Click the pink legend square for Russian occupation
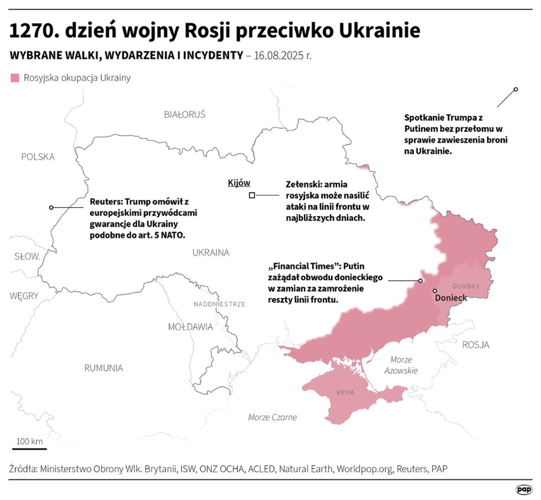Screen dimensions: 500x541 [x=15, y=78]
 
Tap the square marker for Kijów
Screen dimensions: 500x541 [x=252, y=195]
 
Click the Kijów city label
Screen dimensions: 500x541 [x=239, y=183]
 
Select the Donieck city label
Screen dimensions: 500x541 [x=451, y=298]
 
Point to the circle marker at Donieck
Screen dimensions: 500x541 [x=435, y=291]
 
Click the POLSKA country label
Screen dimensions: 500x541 [x=37, y=157]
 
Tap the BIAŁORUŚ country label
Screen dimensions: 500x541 [x=184, y=114]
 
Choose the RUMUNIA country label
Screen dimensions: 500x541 [x=103, y=368]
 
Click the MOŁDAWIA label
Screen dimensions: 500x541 [x=190, y=327]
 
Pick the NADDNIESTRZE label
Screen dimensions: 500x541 [x=219, y=304]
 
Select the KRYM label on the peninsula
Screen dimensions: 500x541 [x=345, y=393]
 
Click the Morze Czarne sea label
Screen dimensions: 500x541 [x=272, y=417]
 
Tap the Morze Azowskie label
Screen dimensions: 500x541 [x=400, y=365]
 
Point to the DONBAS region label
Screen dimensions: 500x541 [x=467, y=286]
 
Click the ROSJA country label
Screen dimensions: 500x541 [x=475, y=345]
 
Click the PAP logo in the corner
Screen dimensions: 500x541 [x=523, y=489]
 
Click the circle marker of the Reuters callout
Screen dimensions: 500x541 [x=51, y=207]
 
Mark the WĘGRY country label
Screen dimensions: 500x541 [x=24, y=296]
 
